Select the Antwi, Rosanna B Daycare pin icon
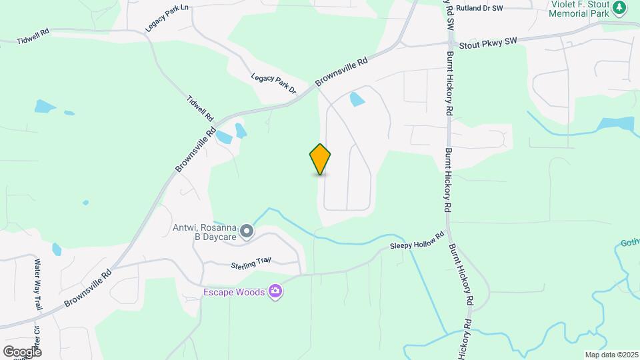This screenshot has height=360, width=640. pos(247,231)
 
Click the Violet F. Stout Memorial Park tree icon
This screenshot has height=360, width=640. pos(620,8)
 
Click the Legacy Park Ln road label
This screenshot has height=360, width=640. pos(167,19)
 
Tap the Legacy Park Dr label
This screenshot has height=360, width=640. pos(273,83)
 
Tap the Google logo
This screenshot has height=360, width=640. pos(22,351)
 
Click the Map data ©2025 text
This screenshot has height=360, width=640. pos(611,355)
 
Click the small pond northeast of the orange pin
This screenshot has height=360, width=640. pos(357,100)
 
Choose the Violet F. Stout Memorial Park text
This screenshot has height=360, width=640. pos(579,9)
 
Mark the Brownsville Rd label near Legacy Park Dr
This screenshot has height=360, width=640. pos(341,71)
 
